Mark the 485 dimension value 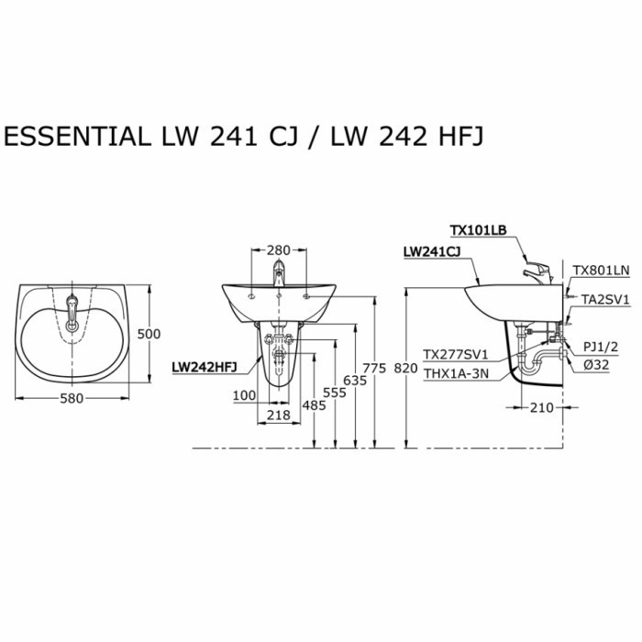pos(314,404)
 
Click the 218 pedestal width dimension pos(278,415)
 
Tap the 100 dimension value pos(245,394)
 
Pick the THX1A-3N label pos(455,372)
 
